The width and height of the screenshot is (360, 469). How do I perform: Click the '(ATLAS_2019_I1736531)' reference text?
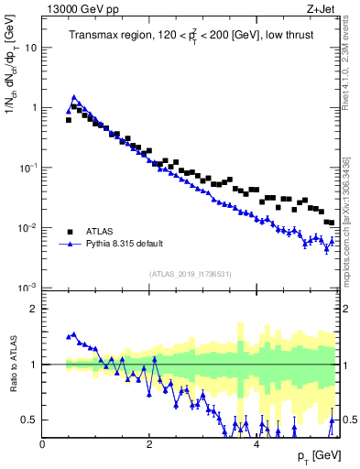[x=191, y=274]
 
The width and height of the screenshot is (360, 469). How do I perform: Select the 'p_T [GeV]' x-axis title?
[x=319, y=455]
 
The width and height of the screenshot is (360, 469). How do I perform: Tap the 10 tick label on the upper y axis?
[x=31, y=48]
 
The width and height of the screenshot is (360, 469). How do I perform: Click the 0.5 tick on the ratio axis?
[x=29, y=420]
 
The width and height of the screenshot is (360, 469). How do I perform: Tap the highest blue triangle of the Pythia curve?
[x=74, y=96]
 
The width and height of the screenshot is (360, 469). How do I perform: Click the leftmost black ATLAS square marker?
[x=69, y=120]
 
